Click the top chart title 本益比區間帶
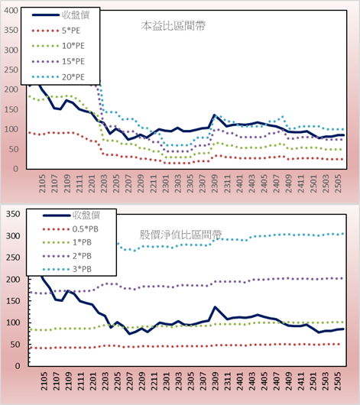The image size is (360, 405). [x=174, y=26]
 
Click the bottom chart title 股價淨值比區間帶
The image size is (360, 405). [x=180, y=235]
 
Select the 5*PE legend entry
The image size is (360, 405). [x=56, y=31]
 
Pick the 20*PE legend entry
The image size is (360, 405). [x=58, y=77]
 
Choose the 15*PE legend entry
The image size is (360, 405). [x=58, y=61]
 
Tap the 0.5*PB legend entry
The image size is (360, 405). [x=70, y=229]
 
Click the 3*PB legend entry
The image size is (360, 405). [x=67, y=269]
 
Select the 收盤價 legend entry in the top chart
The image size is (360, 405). [x=60, y=15]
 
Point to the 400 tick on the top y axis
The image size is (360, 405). [x=11, y=11]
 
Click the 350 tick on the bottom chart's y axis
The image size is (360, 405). [x=13, y=214]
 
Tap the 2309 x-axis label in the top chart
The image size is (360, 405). [x=215, y=183]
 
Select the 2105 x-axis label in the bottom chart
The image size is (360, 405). [x=44, y=381]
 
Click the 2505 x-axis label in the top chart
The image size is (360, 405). [x=338, y=183]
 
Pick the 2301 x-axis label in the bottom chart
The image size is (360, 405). [x=166, y=381]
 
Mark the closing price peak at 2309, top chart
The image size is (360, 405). [x=214, y=115]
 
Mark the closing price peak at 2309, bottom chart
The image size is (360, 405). [x=215, y=307]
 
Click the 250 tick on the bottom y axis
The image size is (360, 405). [x=13, y=258]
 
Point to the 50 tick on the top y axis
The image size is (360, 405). [x=14, y=149]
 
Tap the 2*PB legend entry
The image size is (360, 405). [x=67, y=256]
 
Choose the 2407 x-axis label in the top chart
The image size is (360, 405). [x=276, y=183]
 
